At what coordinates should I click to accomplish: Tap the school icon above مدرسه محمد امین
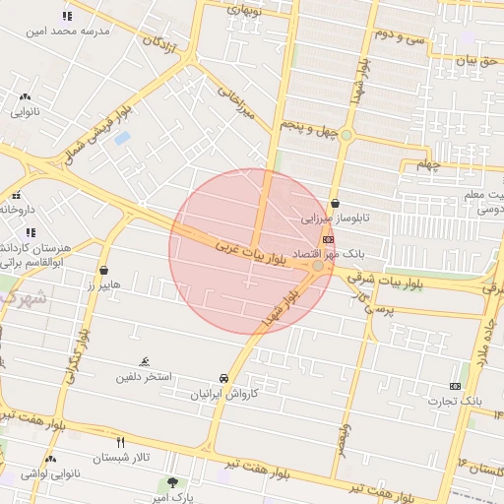pyautogui.click(x=67, y=16)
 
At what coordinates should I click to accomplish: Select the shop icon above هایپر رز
pyautogui.click(x=104, y=270)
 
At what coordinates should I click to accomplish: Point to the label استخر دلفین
pyautogui.click(x=145, y=377)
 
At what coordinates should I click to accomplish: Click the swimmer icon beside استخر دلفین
pyautogui.click(x=145, y=362)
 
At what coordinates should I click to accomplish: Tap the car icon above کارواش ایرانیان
pyautogui.click(x=224, y=378)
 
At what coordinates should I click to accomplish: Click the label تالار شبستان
pyautogui.click(x=119, y=458)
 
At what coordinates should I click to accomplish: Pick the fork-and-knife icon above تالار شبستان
pyautogui.click(x=120, y=442)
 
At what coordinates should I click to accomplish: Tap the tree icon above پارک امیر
pyautogui.click(x=173, y=482)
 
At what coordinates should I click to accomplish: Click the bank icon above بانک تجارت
pyautogui.click(x=455, y=386)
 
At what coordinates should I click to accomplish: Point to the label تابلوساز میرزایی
pyautogui.click(x=336, y=219)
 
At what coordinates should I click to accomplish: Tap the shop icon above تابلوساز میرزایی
pyautogui.click(x=336, y=203)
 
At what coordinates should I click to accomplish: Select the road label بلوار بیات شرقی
pyautogui.click(x=416, y=283)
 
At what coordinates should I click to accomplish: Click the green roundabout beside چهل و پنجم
pyautogui.click(x=346, y=135)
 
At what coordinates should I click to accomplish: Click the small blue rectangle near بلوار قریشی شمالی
pyautogui.click(x=122, y=138)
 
